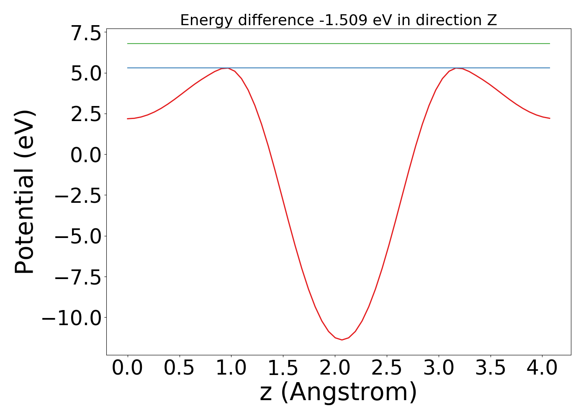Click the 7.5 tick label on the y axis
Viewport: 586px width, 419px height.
tap(86, 34)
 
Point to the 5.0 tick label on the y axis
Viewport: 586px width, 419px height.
tap(86, 74)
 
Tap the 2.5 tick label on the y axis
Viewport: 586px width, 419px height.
tap(86, 114)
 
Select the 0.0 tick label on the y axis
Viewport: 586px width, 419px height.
tap(86, 155)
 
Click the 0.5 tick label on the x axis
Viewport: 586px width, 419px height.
tap(179, 368)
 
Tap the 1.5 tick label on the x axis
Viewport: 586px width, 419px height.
tap(283, 368)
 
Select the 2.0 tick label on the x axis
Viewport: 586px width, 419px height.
tap(335, 368)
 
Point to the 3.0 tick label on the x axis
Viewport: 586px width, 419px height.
tap(438, 368)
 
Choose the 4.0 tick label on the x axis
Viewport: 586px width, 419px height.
tap(542, 368)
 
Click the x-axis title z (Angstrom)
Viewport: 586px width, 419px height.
tap(338, 393)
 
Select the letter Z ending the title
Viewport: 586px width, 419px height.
tap(492, 20)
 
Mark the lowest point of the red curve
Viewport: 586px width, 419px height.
tap(342, 340)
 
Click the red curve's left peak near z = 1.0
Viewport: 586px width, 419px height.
tap(226, 68)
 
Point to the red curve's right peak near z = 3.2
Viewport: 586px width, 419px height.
tap(457, 68)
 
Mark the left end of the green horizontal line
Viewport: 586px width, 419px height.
tap(128, 44)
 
